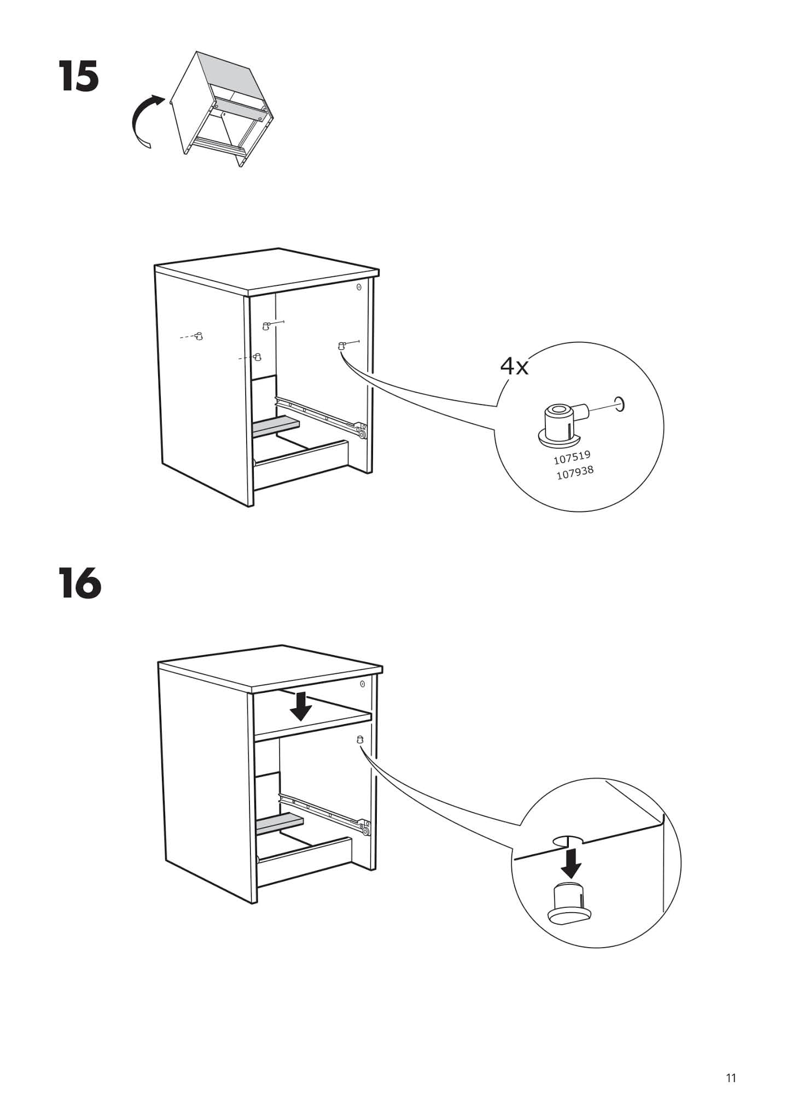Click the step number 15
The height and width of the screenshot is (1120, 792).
click(80, 77)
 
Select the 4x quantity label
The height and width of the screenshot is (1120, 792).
click(514, 366)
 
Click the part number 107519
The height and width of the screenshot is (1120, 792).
click(572, 457)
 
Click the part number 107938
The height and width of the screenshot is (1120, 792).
click(575, 472)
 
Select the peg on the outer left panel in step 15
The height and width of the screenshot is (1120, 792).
click(199, 335)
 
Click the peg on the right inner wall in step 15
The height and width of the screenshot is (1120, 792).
click(341, 345)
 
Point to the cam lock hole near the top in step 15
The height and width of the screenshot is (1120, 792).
click(359, 287)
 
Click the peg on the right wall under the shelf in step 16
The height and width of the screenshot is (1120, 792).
click(359, 739)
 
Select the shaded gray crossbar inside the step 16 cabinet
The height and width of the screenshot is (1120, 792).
click(279, 824)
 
